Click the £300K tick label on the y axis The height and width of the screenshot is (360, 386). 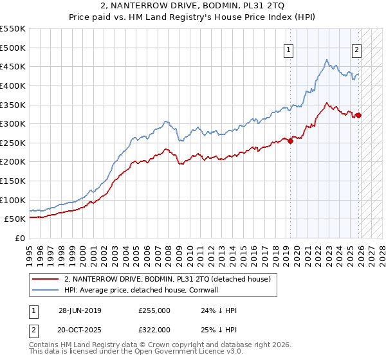13,123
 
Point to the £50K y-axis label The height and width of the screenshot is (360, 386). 15,219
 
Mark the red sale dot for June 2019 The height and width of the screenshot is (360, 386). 290,141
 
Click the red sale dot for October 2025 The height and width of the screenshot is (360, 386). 358,116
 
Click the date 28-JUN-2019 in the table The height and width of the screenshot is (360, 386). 80,310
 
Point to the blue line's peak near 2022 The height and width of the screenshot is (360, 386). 327,60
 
